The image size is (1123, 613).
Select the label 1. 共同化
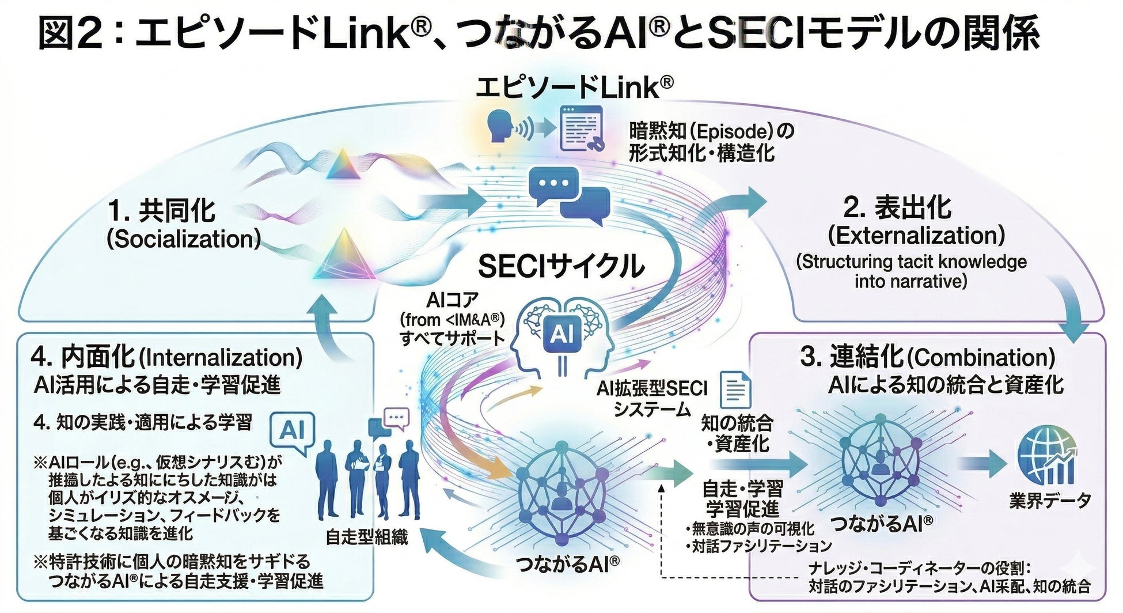[162, 211]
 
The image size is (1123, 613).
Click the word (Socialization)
[184, 239]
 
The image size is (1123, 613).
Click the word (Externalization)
[916, 236]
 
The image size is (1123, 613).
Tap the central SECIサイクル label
[561, 266]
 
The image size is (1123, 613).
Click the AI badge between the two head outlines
[561, 334]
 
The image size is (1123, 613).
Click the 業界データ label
[1050, 500]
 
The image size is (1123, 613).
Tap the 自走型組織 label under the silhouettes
[366, 538]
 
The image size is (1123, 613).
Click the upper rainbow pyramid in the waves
[343, 165]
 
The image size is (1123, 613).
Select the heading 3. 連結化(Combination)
[927, 357]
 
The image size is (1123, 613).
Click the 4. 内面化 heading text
[83, 357]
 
